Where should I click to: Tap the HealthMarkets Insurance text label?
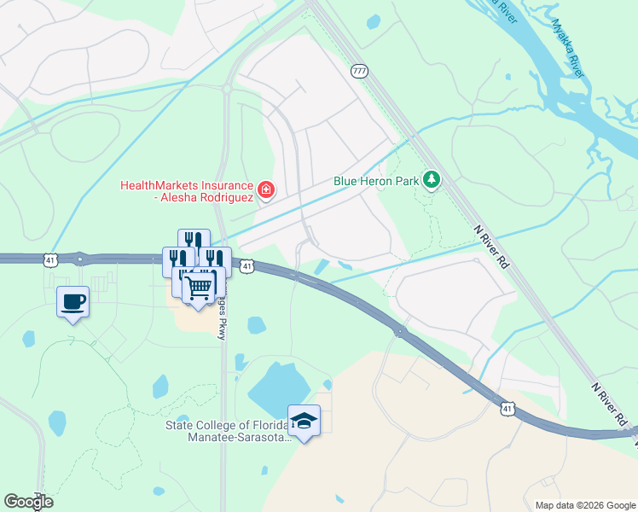tap(187, 192)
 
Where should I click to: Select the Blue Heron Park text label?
tap(375, 181)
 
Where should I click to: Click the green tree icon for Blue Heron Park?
tap(432, 179)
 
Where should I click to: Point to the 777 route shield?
tap(359, 72)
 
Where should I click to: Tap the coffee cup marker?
tap(72, 301)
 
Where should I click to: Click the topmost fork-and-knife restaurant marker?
tap(194, 241)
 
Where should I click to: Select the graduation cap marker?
tap(304, 420)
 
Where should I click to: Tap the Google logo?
tap(28, 501)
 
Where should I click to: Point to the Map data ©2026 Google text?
tap(584, 505)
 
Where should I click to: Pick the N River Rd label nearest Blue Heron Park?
tap(492, 247)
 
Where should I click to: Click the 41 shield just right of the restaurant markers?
tap(246, 267)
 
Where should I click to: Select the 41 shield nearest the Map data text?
tap(508, 410)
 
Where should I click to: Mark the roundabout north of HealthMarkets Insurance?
tap(227, 87)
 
